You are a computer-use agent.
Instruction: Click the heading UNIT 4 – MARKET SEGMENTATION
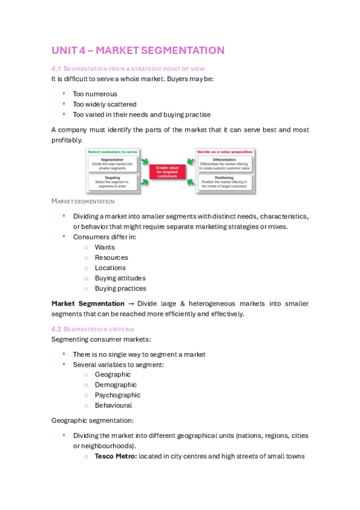point(138,51)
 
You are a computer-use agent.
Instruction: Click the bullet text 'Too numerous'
point(95,94)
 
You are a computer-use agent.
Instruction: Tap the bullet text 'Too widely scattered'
point(105,104)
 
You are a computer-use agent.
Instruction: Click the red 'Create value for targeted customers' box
point(168,171)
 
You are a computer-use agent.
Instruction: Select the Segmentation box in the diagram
point(112,164)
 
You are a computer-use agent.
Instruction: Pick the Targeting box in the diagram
point(112,182)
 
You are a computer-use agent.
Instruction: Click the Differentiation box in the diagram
point(226,164)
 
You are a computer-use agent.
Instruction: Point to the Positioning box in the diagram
point(226,182)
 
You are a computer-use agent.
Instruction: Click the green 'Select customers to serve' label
point(112,152)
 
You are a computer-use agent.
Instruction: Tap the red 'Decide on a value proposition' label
point(225,152)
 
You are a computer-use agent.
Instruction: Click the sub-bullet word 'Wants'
point(105,247)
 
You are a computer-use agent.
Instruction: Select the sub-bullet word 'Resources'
point(111,257)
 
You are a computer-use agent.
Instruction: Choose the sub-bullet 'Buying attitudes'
point(120,278)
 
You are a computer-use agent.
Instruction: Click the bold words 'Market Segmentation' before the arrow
point(88,304)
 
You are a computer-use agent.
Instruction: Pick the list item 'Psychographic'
point(117,395)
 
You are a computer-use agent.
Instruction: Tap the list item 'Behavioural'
point(113,405)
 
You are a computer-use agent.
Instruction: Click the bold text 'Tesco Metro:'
point(115,456)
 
